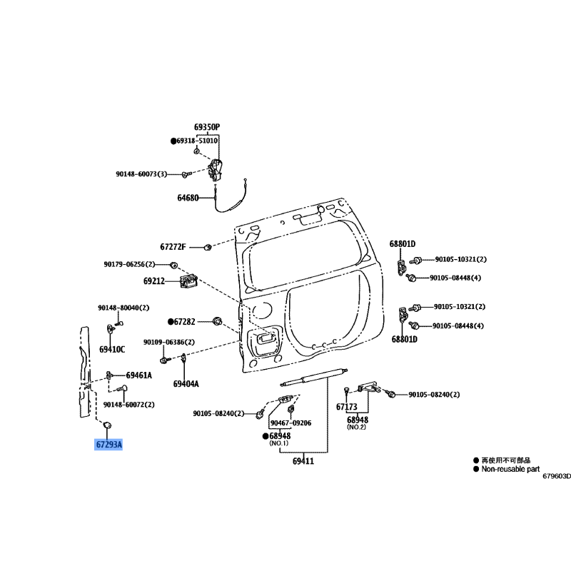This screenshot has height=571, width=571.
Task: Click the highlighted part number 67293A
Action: tap(108, 445)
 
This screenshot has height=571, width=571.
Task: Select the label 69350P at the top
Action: tap(207, 127)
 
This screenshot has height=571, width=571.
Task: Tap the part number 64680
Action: tap(188, 198)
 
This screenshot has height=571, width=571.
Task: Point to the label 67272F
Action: tap(173, 247)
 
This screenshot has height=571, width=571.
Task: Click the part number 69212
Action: tap(154, 281)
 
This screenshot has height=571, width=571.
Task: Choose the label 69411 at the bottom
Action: tap(303, 461)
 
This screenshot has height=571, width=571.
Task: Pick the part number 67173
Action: tap(347, 407)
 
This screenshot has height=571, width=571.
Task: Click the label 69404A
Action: tap(186, 384)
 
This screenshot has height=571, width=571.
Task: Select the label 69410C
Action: tap(112, 350)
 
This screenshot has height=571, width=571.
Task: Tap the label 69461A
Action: tap(139, 375)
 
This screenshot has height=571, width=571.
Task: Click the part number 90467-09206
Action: tap(291, 423)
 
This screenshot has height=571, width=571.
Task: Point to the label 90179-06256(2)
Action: tap(129, 264)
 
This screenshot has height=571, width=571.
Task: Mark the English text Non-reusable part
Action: tap(510, 469)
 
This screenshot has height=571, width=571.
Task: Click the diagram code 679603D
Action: tap(557, 476)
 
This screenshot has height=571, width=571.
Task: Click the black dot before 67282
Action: tap(171, 322)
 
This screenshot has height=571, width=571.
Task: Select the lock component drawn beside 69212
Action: tap(188, 281)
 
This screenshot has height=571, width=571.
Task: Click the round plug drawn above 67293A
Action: tap(108, 425)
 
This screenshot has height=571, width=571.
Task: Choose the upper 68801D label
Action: tap(403, 244)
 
